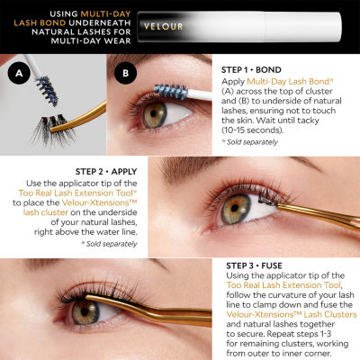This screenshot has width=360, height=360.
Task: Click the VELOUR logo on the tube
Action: click(163, 26)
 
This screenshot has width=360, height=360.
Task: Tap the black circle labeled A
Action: click(19, 73)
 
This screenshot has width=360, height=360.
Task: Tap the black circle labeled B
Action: click(125, 73)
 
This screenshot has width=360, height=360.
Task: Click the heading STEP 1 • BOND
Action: click(251, 70)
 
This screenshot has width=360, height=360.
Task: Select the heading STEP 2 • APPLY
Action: click(106, 172)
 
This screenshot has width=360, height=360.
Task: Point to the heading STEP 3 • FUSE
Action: click(254, 265)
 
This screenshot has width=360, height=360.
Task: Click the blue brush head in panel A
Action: click(47, 91)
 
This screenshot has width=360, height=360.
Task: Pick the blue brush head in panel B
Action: click(171, 91)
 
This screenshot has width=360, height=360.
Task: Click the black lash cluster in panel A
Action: click(52, 130)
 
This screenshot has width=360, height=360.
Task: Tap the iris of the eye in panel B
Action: click(154, 114)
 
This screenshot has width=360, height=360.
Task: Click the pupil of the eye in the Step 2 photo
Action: click(235, 208)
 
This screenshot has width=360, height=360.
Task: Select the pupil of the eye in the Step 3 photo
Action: click(85, 312)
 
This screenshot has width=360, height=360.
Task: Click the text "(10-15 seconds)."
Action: click(252, 130)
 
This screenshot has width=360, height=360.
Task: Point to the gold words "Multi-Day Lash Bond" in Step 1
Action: click(288, 81)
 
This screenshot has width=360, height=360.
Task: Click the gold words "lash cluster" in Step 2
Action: click(46, 212)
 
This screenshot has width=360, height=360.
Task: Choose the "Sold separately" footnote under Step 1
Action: click(250, 142)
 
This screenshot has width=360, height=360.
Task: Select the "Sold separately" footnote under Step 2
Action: click(110, 244)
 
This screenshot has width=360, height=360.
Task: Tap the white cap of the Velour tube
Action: click(303, 27)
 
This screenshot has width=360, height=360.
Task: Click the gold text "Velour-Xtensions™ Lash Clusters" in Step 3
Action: click(292, 314)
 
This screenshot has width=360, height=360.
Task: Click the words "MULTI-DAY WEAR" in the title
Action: click(91, 40)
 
